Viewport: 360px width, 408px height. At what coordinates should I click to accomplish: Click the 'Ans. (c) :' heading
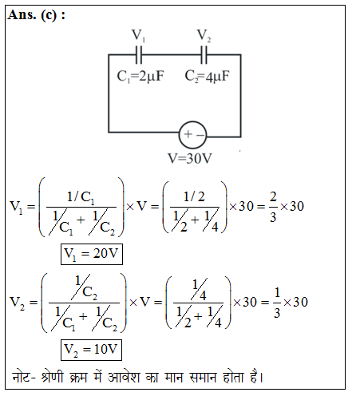(x=37, y=15)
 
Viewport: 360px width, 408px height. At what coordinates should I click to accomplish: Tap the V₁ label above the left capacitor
(x=138, y=35)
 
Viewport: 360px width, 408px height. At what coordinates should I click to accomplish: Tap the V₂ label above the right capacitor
(x=204, y=35)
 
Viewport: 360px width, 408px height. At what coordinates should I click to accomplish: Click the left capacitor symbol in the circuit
(x=139, y=55)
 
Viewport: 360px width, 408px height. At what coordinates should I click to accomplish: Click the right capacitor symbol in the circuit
(x=204, y=55)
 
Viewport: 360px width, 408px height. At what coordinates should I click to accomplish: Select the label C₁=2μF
(x=140, y=77)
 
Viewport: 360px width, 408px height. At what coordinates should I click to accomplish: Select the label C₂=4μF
(x=207, y=77)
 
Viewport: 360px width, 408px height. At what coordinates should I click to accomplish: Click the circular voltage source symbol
(x=192, y=135)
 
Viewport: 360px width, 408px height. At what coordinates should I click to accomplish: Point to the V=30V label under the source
(x=190, y=159)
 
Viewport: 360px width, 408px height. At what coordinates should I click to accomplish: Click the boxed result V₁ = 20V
(x=92, y=254)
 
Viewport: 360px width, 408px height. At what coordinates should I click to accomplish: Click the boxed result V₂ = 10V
(x=91, y=350)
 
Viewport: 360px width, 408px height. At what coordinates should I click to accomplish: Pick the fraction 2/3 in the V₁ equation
(x=273, y=207)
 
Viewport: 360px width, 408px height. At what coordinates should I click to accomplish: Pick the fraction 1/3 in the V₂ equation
(x=277, y=303)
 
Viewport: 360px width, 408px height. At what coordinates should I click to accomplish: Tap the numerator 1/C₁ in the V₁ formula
(x=81, y=198)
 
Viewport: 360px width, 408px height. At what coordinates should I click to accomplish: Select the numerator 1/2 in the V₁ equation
(x=194, y=197)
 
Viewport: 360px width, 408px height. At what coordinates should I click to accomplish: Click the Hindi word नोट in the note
(x=22, y=377)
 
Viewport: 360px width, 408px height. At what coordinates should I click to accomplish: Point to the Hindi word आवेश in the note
(x=124, y=377)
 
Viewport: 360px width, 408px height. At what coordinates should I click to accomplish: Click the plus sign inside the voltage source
(x=188, y=134)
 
